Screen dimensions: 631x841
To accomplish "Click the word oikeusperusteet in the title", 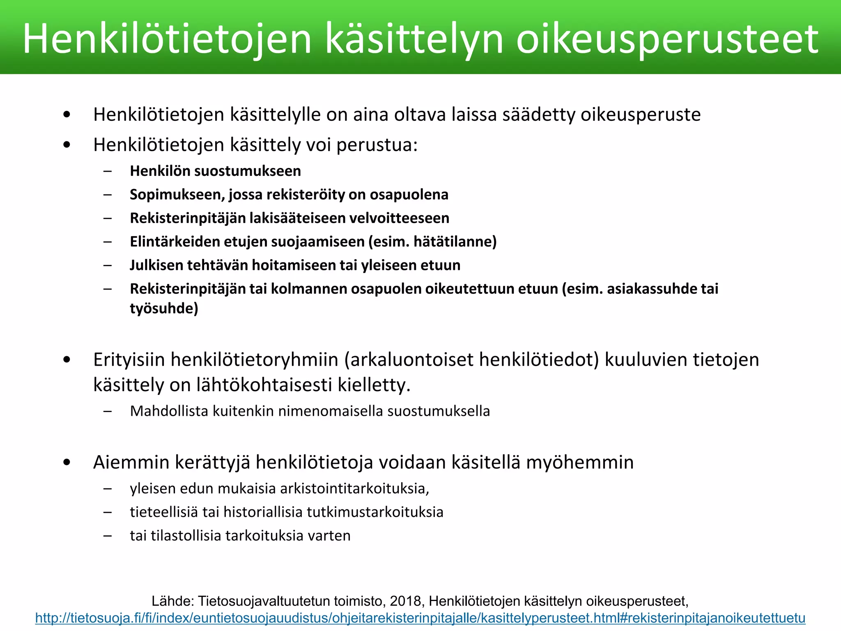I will coord(667,39).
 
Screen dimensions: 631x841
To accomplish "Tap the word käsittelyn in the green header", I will coord(414,39).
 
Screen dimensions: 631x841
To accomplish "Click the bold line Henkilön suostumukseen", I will coord(215,171).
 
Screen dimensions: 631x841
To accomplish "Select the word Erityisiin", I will coord(129,359).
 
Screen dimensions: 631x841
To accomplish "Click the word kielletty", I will coord(373,385).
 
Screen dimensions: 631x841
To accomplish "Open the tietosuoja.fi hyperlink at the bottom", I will coord(420,618).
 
